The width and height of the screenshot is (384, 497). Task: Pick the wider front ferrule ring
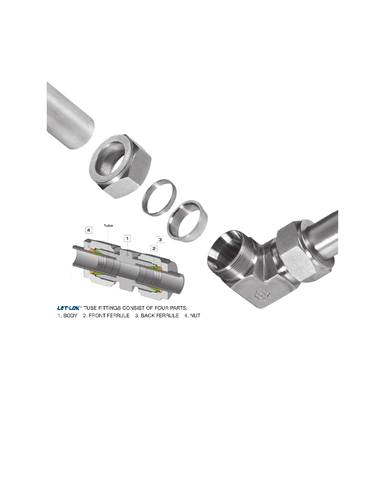click(x=187, y=221)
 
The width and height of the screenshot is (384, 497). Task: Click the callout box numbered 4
click(x=89, y=230)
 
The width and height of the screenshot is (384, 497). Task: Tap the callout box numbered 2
click(x=154, y=248)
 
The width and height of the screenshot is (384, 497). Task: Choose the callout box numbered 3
click(x=160, y=239)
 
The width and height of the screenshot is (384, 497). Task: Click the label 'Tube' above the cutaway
click(x=109, y=225)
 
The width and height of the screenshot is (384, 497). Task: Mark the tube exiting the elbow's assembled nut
click(x=324, y=234)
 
